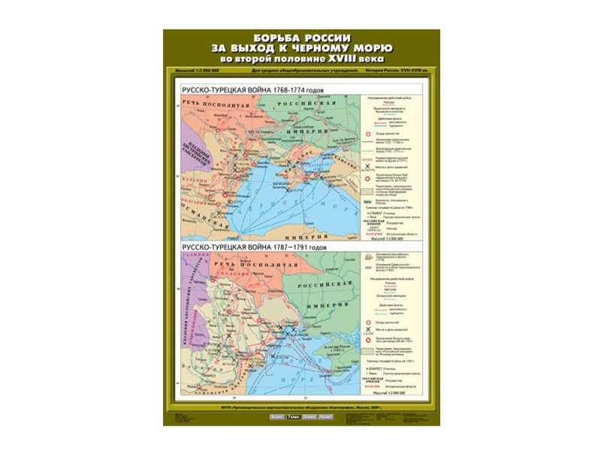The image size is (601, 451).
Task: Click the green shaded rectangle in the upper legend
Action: [x=369, y=193]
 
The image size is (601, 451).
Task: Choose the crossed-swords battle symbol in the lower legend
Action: [x=369, y=330]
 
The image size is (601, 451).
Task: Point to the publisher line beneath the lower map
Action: [x=300, y=406]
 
